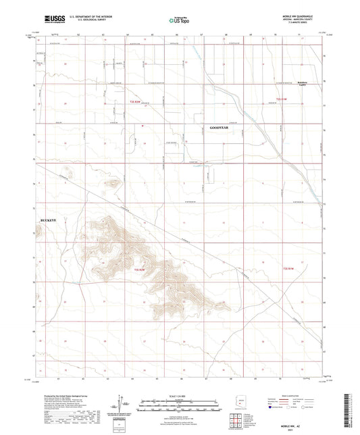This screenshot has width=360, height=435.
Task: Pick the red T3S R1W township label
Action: (x=286, y=269)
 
